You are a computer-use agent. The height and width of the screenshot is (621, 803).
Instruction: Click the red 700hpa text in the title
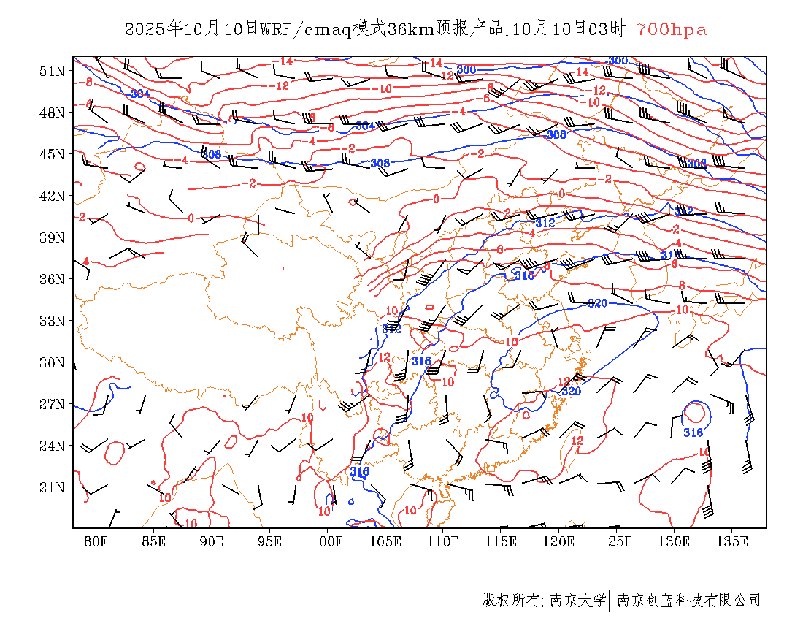coord(671,29)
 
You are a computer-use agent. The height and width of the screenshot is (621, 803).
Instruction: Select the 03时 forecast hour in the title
coord(608,29)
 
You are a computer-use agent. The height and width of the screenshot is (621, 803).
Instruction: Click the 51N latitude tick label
coord(52,71)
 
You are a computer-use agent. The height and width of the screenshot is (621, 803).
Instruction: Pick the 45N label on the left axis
coord(52,154)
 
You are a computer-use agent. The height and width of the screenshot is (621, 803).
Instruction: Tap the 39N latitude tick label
coord(52,237)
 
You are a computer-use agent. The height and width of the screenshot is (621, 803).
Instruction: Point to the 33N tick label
coord(52,321)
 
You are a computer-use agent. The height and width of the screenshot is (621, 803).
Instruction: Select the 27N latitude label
coord(52,404)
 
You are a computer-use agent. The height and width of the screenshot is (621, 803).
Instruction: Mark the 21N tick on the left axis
coord(52,487)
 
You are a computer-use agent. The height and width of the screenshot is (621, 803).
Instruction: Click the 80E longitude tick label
coord(96,541)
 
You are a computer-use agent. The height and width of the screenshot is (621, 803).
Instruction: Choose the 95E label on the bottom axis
coord(270,541)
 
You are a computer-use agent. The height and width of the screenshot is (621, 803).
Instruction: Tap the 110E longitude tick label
coord(443,541)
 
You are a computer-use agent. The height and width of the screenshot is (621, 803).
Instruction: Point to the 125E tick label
coord(617,541)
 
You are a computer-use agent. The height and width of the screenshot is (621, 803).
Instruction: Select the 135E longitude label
coord(732,541)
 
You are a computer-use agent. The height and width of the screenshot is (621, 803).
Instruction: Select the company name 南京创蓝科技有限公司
coord(688,601)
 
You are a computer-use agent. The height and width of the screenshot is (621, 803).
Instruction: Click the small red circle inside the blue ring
coord(695,413)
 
